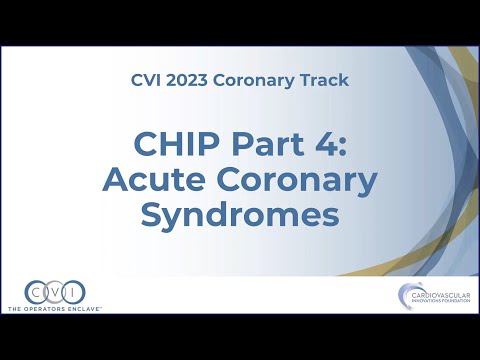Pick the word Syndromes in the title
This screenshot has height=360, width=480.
(240, 215)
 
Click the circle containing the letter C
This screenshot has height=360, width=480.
(36, 292)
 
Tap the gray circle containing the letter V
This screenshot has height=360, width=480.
(55, 292)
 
